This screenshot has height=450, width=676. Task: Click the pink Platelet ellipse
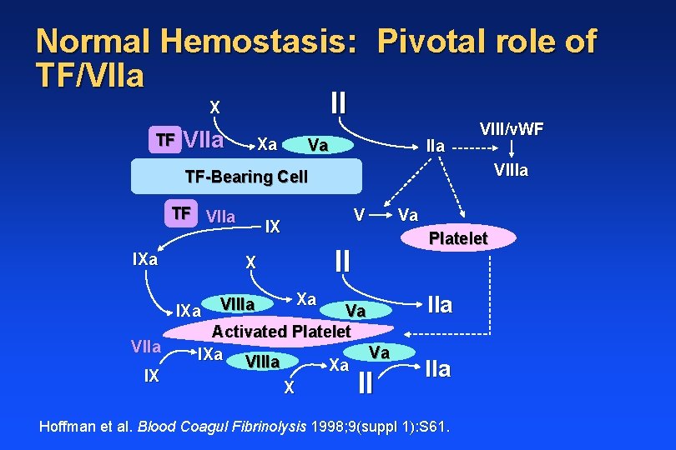[457, 239]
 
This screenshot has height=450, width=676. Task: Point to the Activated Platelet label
[281, 331]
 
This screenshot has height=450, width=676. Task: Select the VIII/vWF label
[512, 129]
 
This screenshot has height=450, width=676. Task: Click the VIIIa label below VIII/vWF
[511, 172]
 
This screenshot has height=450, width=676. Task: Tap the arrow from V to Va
[381, 214]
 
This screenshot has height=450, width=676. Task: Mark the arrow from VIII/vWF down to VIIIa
[511, 150]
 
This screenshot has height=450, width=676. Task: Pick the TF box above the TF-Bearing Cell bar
[166, 140]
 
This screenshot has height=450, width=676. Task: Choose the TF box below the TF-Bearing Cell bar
[180, 212]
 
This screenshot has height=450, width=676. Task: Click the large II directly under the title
[338, 103]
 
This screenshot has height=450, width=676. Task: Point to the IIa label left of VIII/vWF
[435, 146]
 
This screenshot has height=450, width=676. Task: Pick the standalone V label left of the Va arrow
[357, 214]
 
